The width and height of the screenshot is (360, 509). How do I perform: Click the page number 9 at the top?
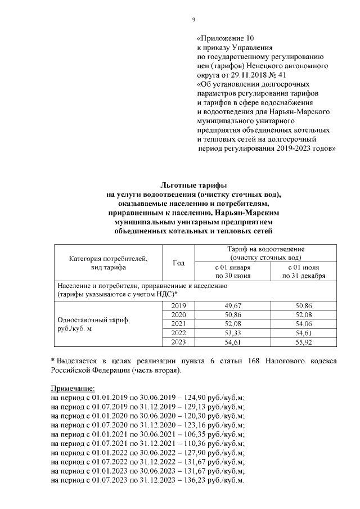coord(193,20)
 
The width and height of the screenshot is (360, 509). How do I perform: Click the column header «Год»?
coord(178,263)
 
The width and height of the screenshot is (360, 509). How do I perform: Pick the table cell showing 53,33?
coord(232,334)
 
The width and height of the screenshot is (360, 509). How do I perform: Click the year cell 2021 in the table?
coord(178,324)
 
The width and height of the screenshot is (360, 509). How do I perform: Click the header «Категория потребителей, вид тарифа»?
coord(108,263)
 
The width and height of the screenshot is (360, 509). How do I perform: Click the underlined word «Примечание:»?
coord(73,389)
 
